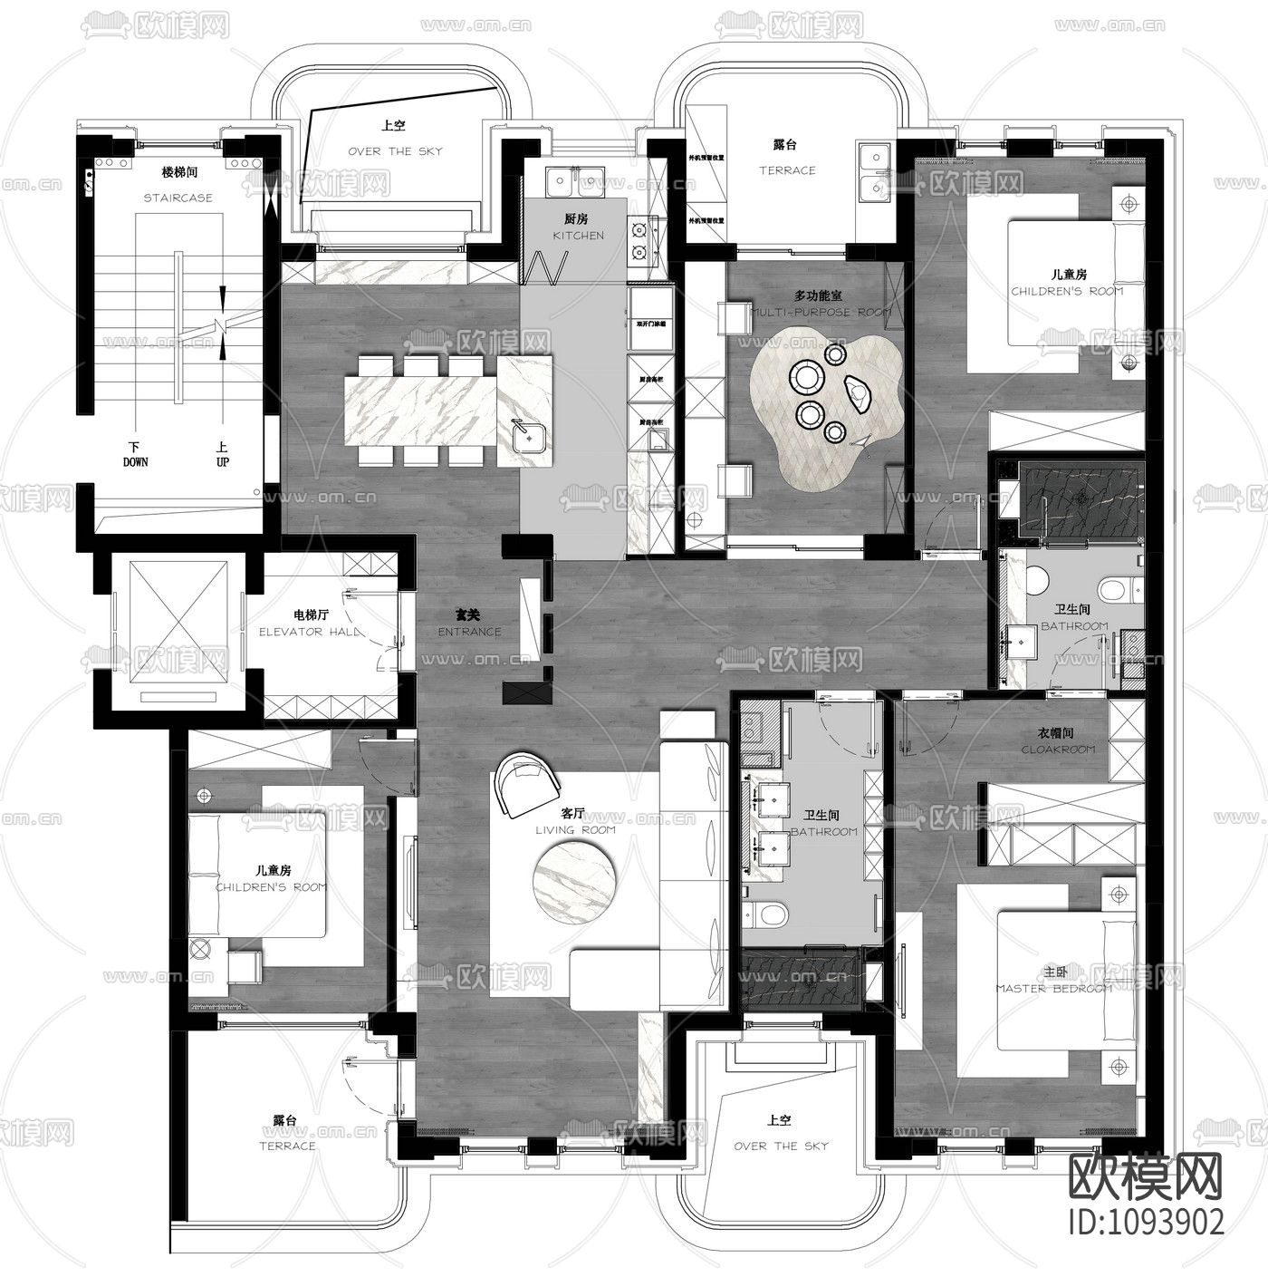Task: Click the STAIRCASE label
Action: (178, 198)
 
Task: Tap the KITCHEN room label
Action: (578, 236)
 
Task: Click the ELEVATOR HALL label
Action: (310, 632)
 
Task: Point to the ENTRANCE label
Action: (469, 632)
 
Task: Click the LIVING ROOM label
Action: (574, 829)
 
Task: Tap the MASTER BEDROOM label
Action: (1053, 989)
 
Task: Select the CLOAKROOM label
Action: (1057, 750)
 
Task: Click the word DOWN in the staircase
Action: (136, 462)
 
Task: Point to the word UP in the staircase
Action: (223, 462)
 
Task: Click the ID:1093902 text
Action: (1146, 1220)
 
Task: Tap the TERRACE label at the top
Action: (786, 170)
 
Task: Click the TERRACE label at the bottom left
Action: (287, 1146)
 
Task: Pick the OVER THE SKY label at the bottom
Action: (781, 1146)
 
